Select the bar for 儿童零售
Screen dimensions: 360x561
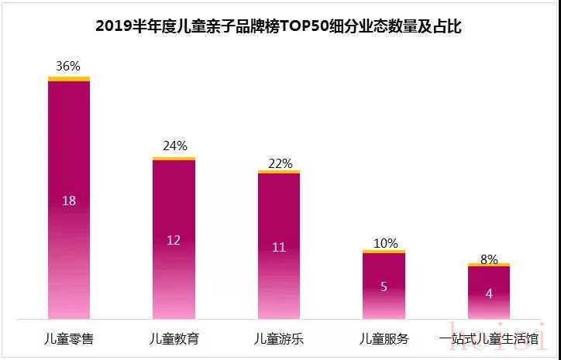pos(69,232)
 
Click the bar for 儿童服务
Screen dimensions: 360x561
pos(384,302)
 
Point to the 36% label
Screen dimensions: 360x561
pos(69,67)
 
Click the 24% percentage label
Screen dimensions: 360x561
pos(174,146)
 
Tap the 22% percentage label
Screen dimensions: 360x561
pos(279,163)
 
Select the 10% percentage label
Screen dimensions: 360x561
pos(384,243)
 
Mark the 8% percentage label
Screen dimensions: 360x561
pos(488,259)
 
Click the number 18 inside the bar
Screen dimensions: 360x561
pos(69,201)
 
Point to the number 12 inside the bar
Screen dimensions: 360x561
pos(174,240)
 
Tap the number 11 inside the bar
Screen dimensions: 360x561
pos(279,248)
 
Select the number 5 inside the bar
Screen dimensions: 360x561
pos(384,286)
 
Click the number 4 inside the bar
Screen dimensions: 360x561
pos(488,293)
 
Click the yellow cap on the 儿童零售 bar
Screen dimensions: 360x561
pos(69,78)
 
